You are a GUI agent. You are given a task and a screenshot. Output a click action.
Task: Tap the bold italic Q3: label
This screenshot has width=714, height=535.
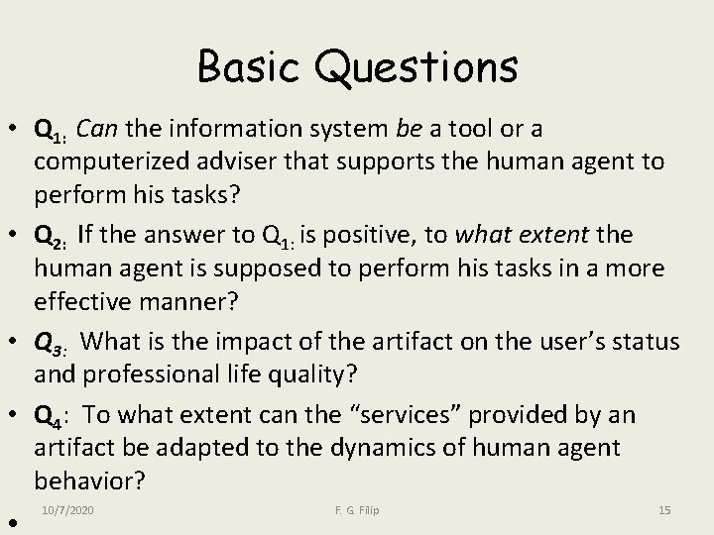(50, 343)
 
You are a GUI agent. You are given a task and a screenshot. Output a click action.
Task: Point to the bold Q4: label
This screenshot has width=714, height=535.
(51, 415)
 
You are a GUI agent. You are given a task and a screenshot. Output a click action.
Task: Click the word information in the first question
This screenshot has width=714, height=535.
(226, 129)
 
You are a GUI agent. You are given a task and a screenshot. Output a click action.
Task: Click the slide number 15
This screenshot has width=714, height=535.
(664, 510)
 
